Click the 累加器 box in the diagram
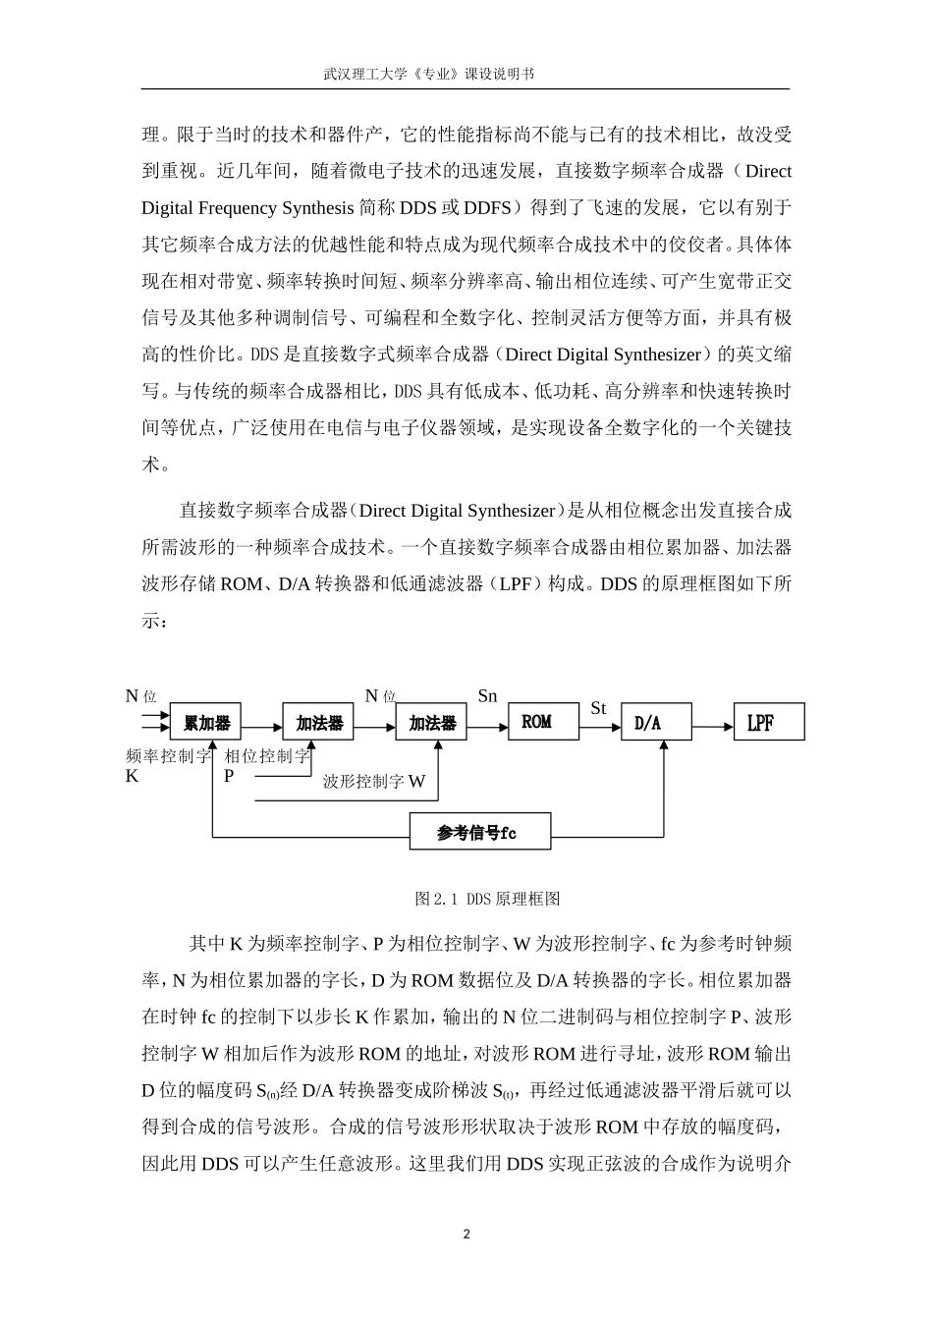pos(206,723)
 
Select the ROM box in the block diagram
pos(536,722)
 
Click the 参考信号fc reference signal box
pos(479,832)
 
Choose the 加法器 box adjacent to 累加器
pos(319,723)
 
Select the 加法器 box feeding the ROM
pos(432,723)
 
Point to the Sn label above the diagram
pos(488,696)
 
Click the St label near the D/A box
pos(598,708)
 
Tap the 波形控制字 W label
pos(374,782)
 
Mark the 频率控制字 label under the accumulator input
pos(169,756)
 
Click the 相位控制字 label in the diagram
pos(267,756)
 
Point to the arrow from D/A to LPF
pos(713,727)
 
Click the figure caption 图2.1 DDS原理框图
pos(487,899)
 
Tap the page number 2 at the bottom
pos(466,1235)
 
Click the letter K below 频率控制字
pos(134,776)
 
